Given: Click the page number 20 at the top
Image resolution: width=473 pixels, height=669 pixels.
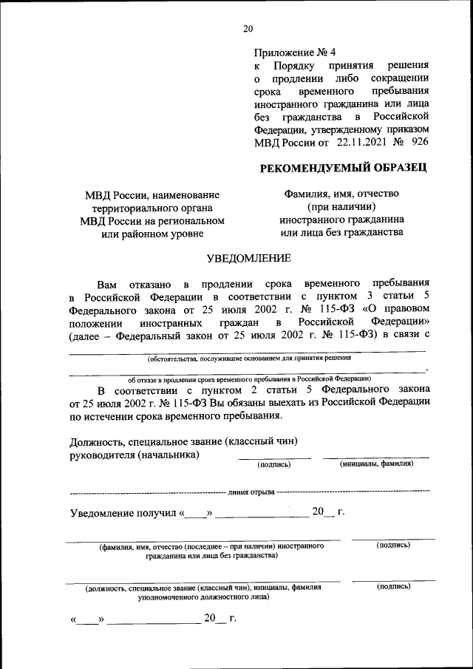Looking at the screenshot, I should tap(248, 29).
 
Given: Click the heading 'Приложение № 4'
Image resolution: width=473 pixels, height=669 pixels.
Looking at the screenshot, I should tap(294, 52).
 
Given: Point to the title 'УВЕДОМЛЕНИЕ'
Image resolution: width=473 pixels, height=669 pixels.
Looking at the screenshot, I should tap(248, 258).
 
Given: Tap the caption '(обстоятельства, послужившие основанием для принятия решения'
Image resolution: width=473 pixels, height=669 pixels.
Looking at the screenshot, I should tap(248, 359).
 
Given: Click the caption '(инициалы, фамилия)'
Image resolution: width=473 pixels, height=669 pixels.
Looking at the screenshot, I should tap(376, 464).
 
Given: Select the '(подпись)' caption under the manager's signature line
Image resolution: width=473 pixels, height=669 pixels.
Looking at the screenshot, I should tap(274, 465).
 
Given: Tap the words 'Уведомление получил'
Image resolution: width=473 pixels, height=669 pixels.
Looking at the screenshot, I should tap(123, 512).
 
